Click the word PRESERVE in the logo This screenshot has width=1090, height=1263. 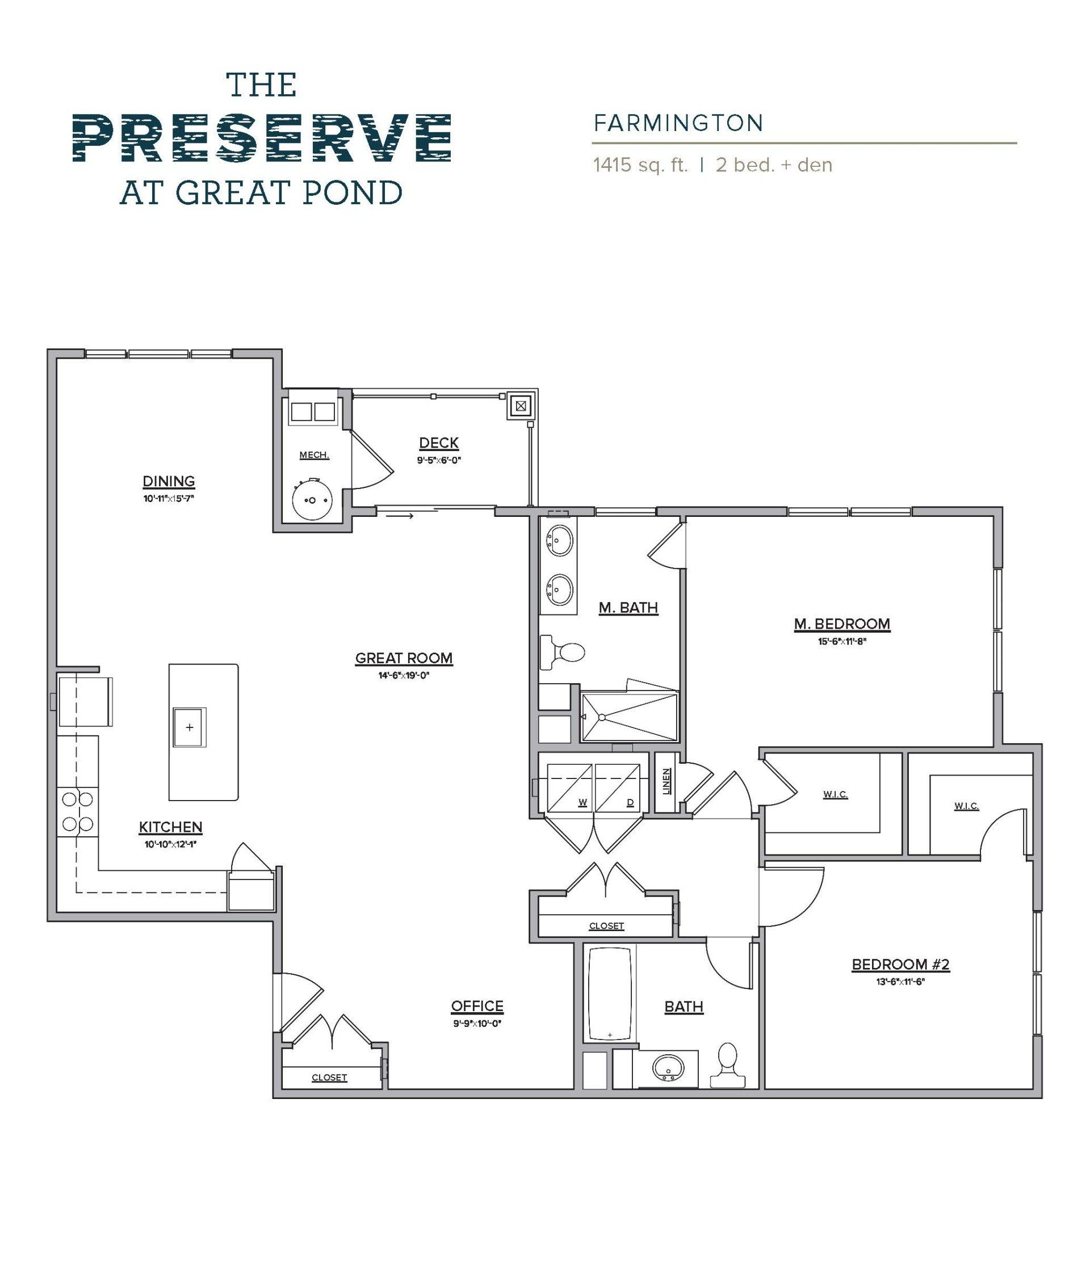tap(262, 138)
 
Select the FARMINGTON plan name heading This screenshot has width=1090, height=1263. tap(678, 124)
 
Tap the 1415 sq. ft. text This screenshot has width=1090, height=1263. tap(640, 165)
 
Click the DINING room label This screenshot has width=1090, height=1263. tap(169, 481)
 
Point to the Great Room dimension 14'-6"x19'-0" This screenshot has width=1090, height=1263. tap(404, 675)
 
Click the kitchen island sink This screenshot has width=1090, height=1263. tap(190, 727)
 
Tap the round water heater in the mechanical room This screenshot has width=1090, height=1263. tap(312, 500)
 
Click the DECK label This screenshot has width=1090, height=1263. tap(439, 443)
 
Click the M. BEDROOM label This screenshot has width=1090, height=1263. tap(842, 624)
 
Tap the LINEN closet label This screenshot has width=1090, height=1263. tap(666, 781)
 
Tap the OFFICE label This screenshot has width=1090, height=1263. tap(477, 1006)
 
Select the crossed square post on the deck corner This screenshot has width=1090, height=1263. tap(520, 405)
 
